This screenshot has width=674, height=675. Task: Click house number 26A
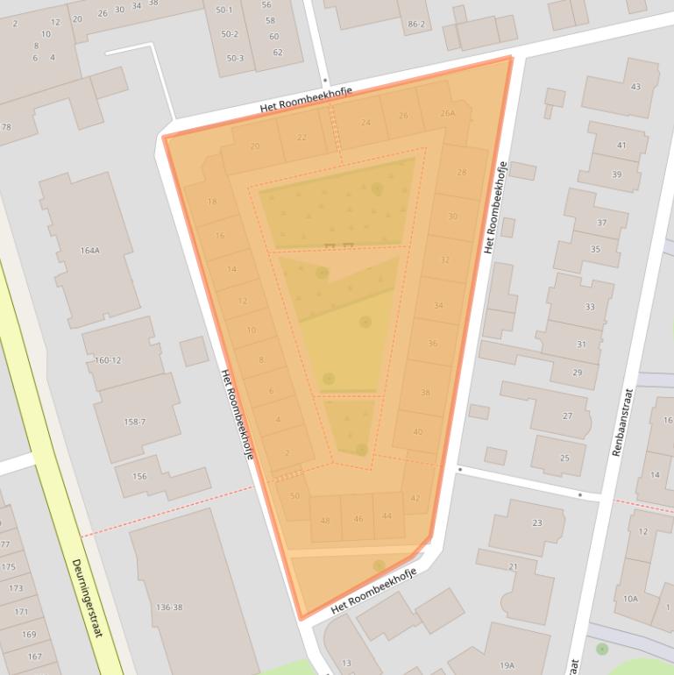pyautogui.click(x=448, y=112)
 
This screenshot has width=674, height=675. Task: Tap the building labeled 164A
pyautogui.click(x=90, y=250)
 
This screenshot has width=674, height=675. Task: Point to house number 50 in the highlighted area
pyautogui.click(x=294, y=496)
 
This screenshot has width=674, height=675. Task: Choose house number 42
pyautogui.click(x=415, y=498)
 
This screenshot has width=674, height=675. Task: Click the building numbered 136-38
pyautogui.click(x=168, y=607)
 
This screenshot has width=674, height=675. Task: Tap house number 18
pyautogui.click(x=211, y=202)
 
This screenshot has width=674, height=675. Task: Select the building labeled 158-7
pyautogui.click(x=134, y=422)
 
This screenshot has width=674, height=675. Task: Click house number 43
pyautogui.click(x=635, y=87)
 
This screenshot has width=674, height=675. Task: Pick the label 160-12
pyautogui.click(x=108, y=360)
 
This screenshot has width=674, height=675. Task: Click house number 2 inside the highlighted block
pyautogui.click(x=287, y=452)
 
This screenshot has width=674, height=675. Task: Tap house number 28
pyautogui.click(x=462, y=172)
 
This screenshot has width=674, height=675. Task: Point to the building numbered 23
pyautogui.click(x=536, y=522)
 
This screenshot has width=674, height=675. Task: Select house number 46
pyautogui.click(x=358, y=519)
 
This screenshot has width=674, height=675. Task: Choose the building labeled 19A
pyautogui.click(x=507, y=664)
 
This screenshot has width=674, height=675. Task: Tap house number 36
pyautogui.click(x=432, y=344)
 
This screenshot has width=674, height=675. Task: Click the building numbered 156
pyautogui.click(x=139, y=476)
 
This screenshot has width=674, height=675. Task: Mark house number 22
pyautogui.click(x=302, y=137)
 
